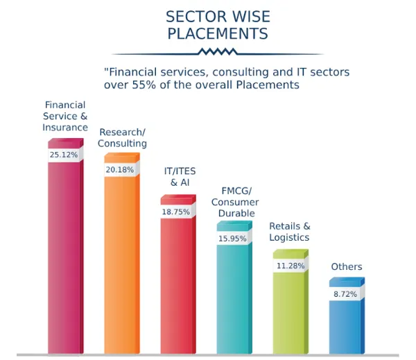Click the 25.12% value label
point(63,155)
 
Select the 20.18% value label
point(119,170)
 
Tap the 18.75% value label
point(175,212)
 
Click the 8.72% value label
point(345,295)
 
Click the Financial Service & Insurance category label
point(64,117)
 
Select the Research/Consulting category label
point(123,137)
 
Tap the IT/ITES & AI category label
point(179,176)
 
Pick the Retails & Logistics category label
point(289,232)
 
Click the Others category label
point(347,267)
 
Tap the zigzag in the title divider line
point(217,52)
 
